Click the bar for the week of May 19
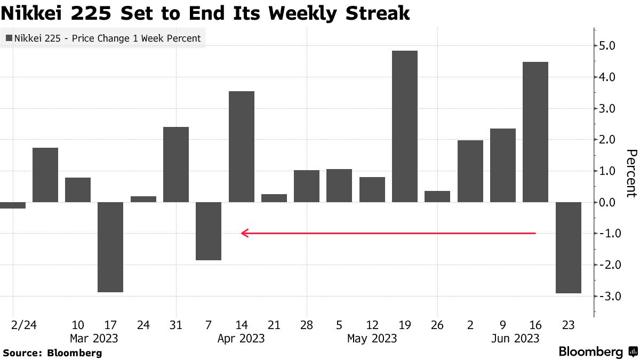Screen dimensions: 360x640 coord(404,126)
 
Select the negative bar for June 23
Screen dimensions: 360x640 coord(568,247)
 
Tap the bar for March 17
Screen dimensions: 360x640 coord(110,247)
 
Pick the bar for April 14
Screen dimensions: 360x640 coord(241,147)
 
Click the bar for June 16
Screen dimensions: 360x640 coord(535,132)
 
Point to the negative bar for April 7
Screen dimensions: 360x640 coord(209,231)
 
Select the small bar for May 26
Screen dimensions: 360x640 coord(437,196)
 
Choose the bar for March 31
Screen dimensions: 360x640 coord(176,164)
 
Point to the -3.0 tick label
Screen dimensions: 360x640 coord(607,297)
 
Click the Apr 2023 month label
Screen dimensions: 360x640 coord(241,338)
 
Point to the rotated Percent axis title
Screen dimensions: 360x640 coord(631,173)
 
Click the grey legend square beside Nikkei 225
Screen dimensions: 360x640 coord(9,38)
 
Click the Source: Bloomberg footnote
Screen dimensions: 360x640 coord(52,353)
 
